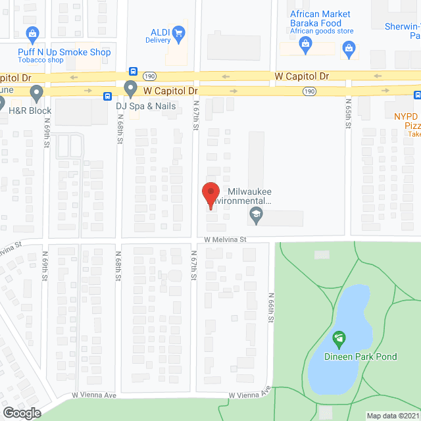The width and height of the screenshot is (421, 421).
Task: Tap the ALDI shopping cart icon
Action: [x=178, y=33]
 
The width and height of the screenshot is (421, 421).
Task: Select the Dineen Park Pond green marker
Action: [x=339, y=339]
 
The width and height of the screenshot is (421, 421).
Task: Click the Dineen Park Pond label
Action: [x=360, y=357]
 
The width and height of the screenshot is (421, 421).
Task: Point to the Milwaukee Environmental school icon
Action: [x=255, y=214]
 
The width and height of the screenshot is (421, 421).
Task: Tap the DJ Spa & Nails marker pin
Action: [x=130, y=88]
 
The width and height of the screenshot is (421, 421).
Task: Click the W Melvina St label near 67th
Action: [x=224, y=240]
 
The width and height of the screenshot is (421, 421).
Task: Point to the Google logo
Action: [x=21, y=412]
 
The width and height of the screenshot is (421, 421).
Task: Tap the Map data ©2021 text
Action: [x=393, y=416]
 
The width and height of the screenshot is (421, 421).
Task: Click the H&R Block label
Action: [x=30, y=111]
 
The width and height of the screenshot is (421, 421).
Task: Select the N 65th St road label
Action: [x=347, y=111]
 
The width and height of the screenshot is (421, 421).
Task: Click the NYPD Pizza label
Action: [x=407, y=120]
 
